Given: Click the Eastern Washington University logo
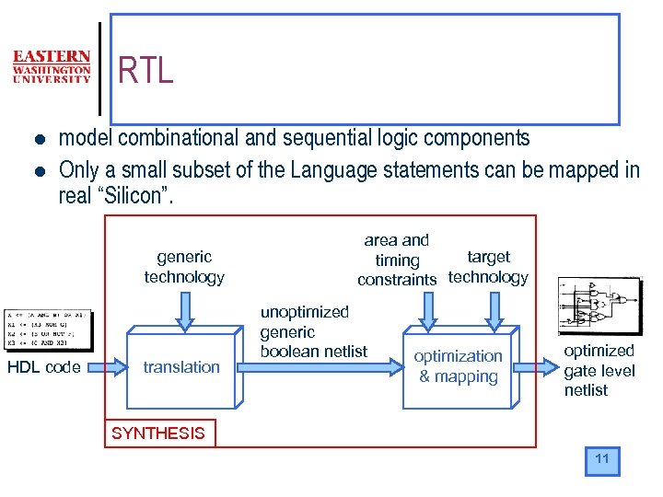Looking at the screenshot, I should pyautogui.click(x=52, y=66).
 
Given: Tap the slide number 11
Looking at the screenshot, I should pyautogui.click(x=602, y=459).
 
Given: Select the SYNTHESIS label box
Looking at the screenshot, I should pyautogui.click(x=158, y=433).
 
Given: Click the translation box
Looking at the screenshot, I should pyautogui.click(x=181, y=367).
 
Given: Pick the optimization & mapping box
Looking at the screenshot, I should pyautogui.click(x=458, y=366).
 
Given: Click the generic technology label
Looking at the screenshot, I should pyautogui.click(x=184, y=267).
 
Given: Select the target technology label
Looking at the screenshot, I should pyautogui.click(x=488, y=267).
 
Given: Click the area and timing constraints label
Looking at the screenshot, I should pyautogui.click(x=397, y=260).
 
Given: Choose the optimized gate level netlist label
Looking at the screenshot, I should pyautogui.click(x=599, y=370).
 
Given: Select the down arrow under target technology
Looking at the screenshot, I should pyautogui.click(x=494, y=312).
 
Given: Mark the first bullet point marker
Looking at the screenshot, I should pyautogui.click(x=38, y=140).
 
